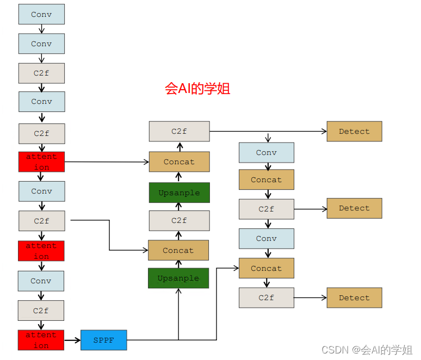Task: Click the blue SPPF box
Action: click(103, 340)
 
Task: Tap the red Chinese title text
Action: click(197, 89)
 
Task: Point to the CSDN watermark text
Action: click(367, 350)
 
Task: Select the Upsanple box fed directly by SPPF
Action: click(178, 278)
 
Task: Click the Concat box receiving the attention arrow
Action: click(179, 162)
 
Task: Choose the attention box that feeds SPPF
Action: click(41, 340)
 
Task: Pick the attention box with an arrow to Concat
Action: click(41, 162)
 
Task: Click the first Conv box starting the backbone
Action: click(41, 14)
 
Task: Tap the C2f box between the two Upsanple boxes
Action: click(179, 220)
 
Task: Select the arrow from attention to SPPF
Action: click(72, 340)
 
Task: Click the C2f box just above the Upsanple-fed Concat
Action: click(179, 131)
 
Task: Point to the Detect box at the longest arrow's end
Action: click(354, 131)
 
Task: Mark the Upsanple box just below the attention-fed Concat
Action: click(179, 193)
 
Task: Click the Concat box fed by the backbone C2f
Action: click(178, 250)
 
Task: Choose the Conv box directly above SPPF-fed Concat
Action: click(267, 238)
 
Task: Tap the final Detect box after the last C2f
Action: click(354, 297)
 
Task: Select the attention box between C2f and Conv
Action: click(41, 251)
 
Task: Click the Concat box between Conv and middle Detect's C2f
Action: click(267, 179)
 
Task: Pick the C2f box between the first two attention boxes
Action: click(41, 221)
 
